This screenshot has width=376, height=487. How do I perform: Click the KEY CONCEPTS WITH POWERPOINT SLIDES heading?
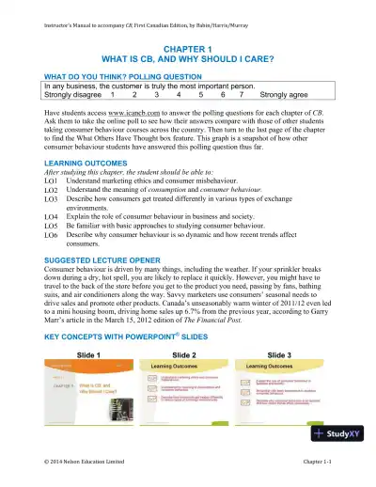[x=127, y=338]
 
